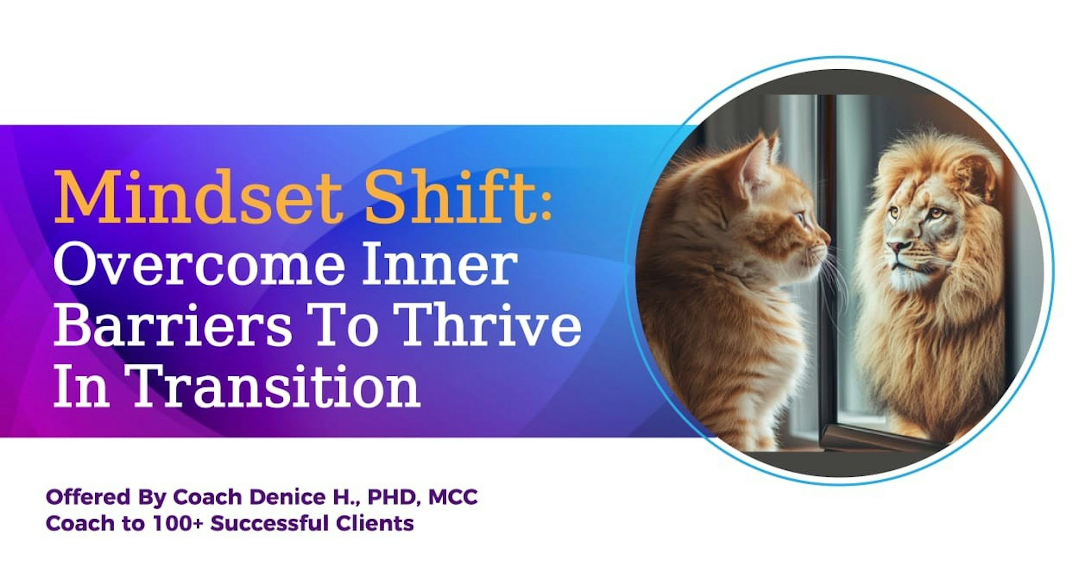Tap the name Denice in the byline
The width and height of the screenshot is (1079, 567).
[285, 498]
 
